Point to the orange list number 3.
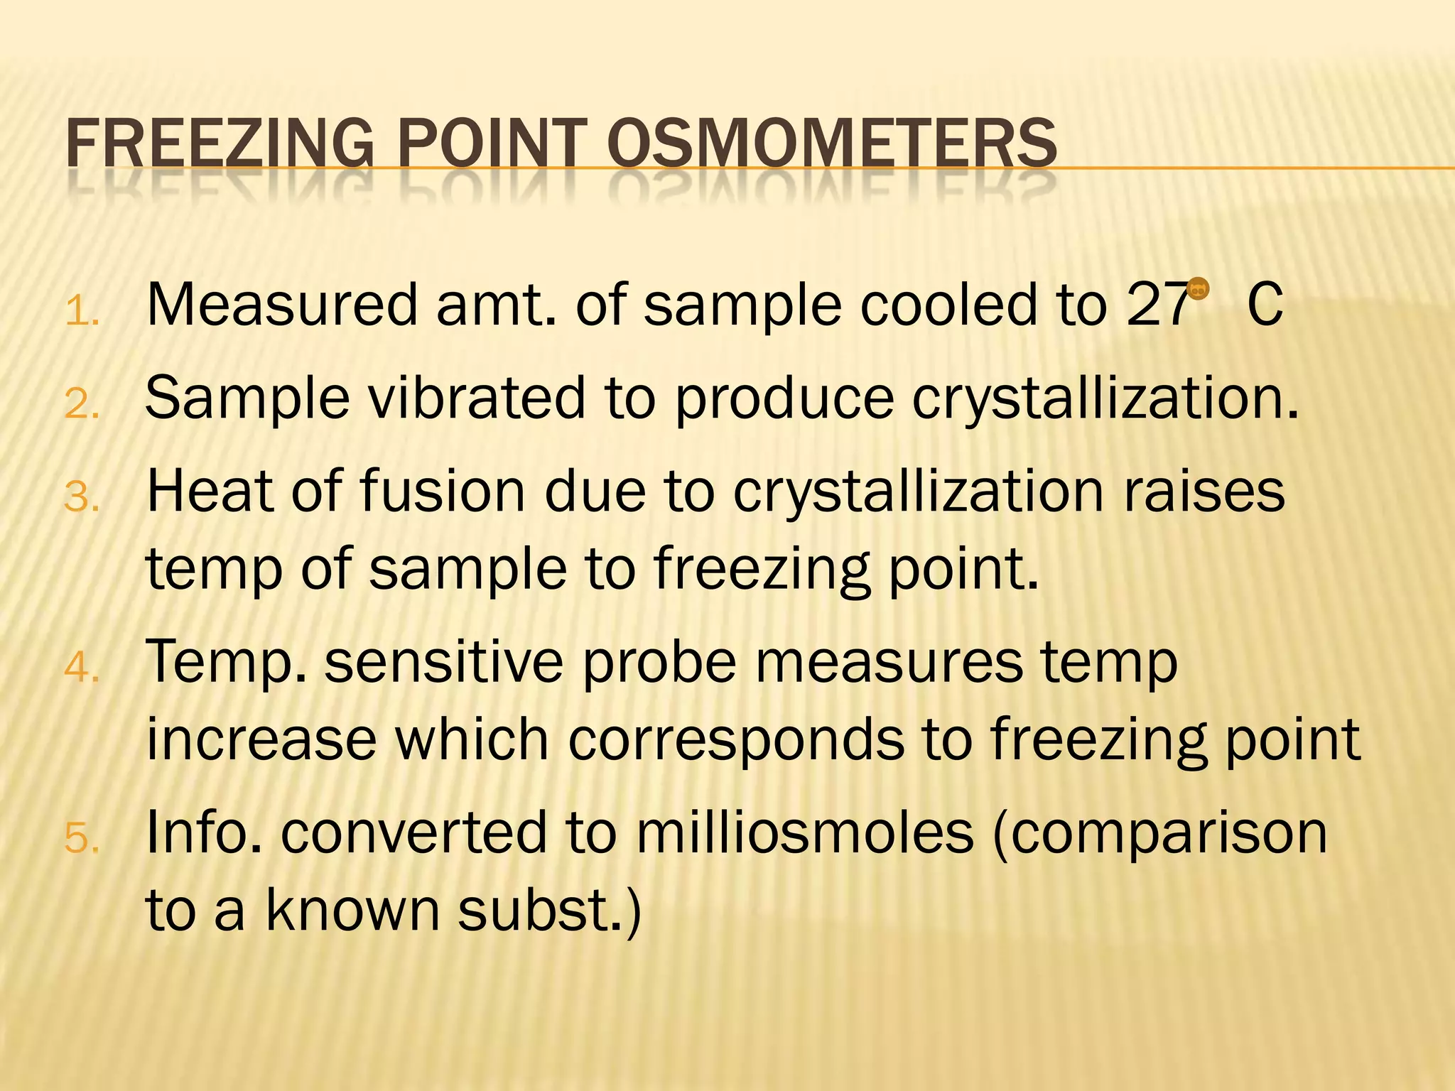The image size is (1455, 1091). coord(81,496)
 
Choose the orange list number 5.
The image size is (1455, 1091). coord(81,838)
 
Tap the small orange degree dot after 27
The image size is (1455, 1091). coord(1198,288)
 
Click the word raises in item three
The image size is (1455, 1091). coord(1204,492)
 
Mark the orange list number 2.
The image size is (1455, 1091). coord(81,404)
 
